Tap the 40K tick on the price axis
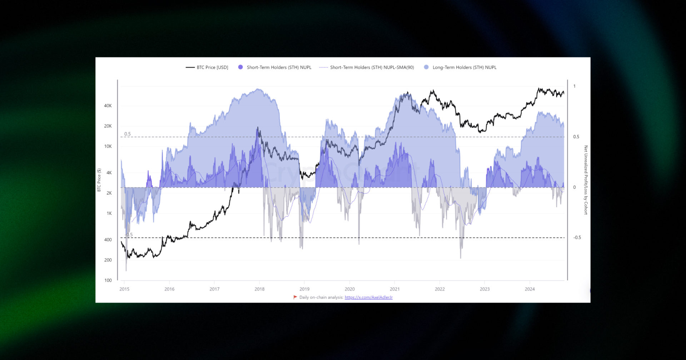[x=108, y=106]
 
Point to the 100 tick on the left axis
[x=108, y=280]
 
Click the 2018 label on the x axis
[x=259, y=289]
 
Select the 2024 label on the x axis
[x=530, y=289]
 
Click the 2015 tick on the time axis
[x=124, y=289]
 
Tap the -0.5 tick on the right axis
[x=577, y=237]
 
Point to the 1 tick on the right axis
[x=575, y=86]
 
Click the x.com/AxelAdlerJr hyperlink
[x=368, y=297]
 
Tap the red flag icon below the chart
[x=295, y=297]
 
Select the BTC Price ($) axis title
[x=99, y=180]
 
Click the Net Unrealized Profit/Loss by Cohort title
[x=586, y=180]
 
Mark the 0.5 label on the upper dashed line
[x=128, y=134]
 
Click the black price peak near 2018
[x=258, y=127]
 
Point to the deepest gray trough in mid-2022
[x=461, y=257]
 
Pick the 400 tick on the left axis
[x=108, y=240]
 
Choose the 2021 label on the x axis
[x=394, y=289]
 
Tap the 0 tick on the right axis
[x=575, y=187]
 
